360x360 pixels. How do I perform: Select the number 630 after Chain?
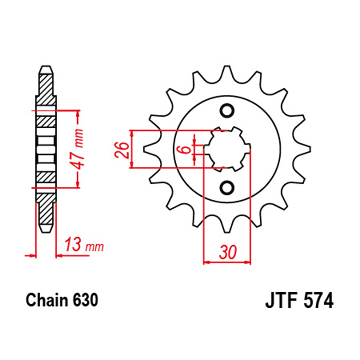86,300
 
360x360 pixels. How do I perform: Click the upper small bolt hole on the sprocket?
226,111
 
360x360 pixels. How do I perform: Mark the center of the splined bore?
226,149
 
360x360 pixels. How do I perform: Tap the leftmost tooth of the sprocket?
148,149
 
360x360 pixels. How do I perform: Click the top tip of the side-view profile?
46,68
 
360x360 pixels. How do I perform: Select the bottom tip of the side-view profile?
46,230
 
